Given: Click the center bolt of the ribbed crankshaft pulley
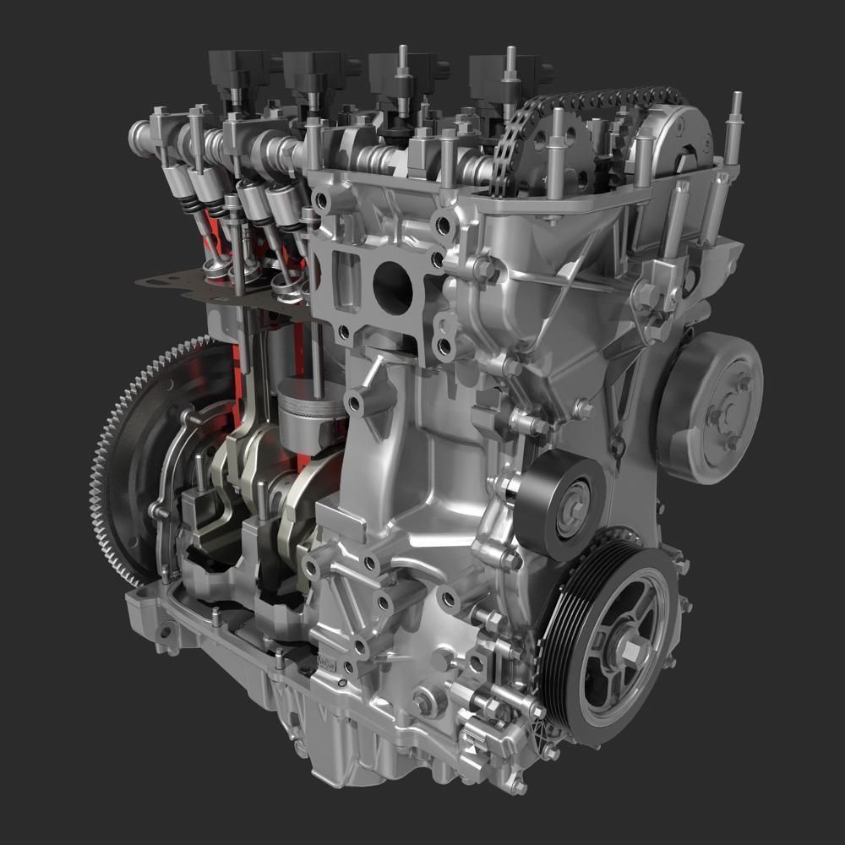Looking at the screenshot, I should point(630,649).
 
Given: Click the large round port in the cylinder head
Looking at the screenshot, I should point(392,287).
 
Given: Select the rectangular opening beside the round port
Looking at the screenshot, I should point(346,279).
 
